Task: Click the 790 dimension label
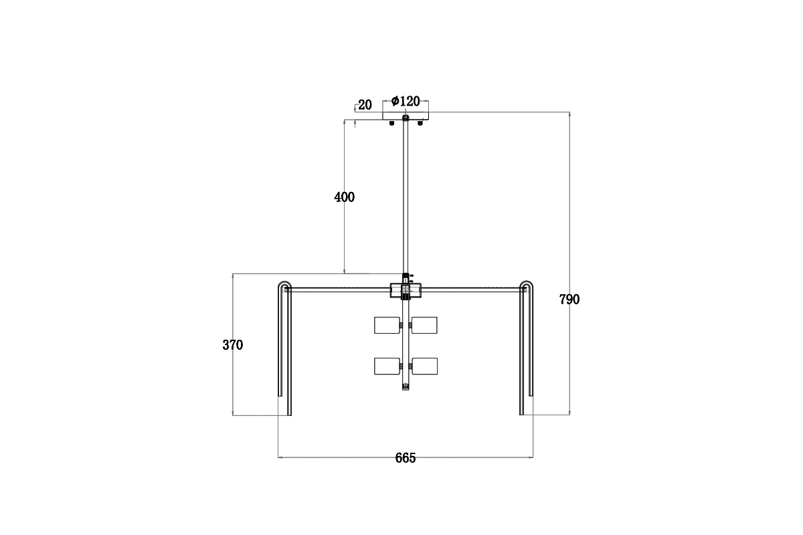[569, 300]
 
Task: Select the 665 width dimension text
[406, 458]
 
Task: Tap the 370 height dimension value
[232, 345]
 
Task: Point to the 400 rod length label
[344, 197]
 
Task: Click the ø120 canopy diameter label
[406, 102]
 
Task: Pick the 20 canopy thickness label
[365, 105]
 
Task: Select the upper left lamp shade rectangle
[386, 325]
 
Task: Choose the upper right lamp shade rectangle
[424, 325]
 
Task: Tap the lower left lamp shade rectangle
[386, 366]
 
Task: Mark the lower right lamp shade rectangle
[424, 366]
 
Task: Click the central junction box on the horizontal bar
[406, 290]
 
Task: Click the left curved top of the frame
[284, 286]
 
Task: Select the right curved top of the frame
[527, 286]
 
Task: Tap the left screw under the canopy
[391, 123]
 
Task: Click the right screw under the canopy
[420, 123]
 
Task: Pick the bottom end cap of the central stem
[406, 387]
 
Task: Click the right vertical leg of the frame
[522, 354]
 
